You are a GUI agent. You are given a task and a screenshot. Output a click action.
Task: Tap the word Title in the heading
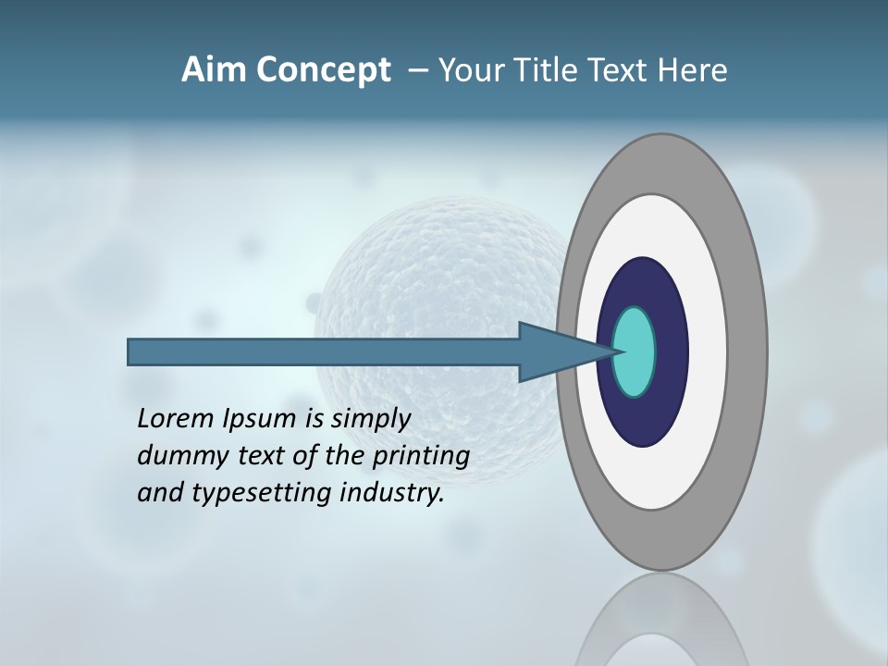pos(544,70)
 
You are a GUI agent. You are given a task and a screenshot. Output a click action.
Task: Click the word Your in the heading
pos(469,70)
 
